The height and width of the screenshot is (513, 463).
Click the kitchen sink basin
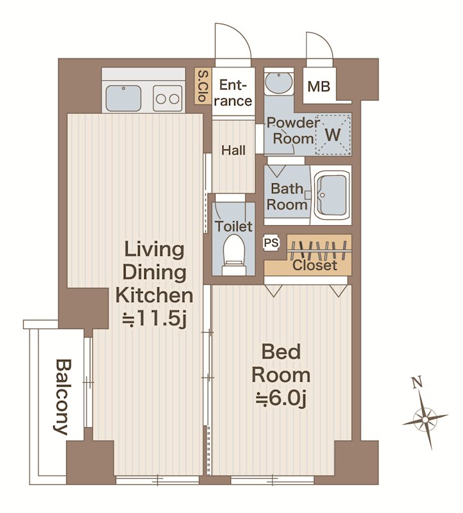123,97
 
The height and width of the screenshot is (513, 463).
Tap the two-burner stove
167,98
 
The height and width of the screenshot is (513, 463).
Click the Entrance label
233,93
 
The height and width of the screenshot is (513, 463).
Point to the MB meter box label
319,87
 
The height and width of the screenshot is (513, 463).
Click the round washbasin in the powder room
279,83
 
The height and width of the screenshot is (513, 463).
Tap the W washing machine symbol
333,134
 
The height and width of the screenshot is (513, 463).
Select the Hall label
233,151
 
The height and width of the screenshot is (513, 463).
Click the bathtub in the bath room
331,196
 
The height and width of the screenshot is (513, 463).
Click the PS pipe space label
271,243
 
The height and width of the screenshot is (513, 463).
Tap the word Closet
314,265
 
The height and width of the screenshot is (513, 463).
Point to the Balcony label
63,397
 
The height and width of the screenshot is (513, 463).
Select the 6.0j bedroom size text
281,398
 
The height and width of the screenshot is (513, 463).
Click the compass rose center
425,419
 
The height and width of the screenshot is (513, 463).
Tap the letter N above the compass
416,382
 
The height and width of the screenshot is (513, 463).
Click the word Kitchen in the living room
154,296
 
